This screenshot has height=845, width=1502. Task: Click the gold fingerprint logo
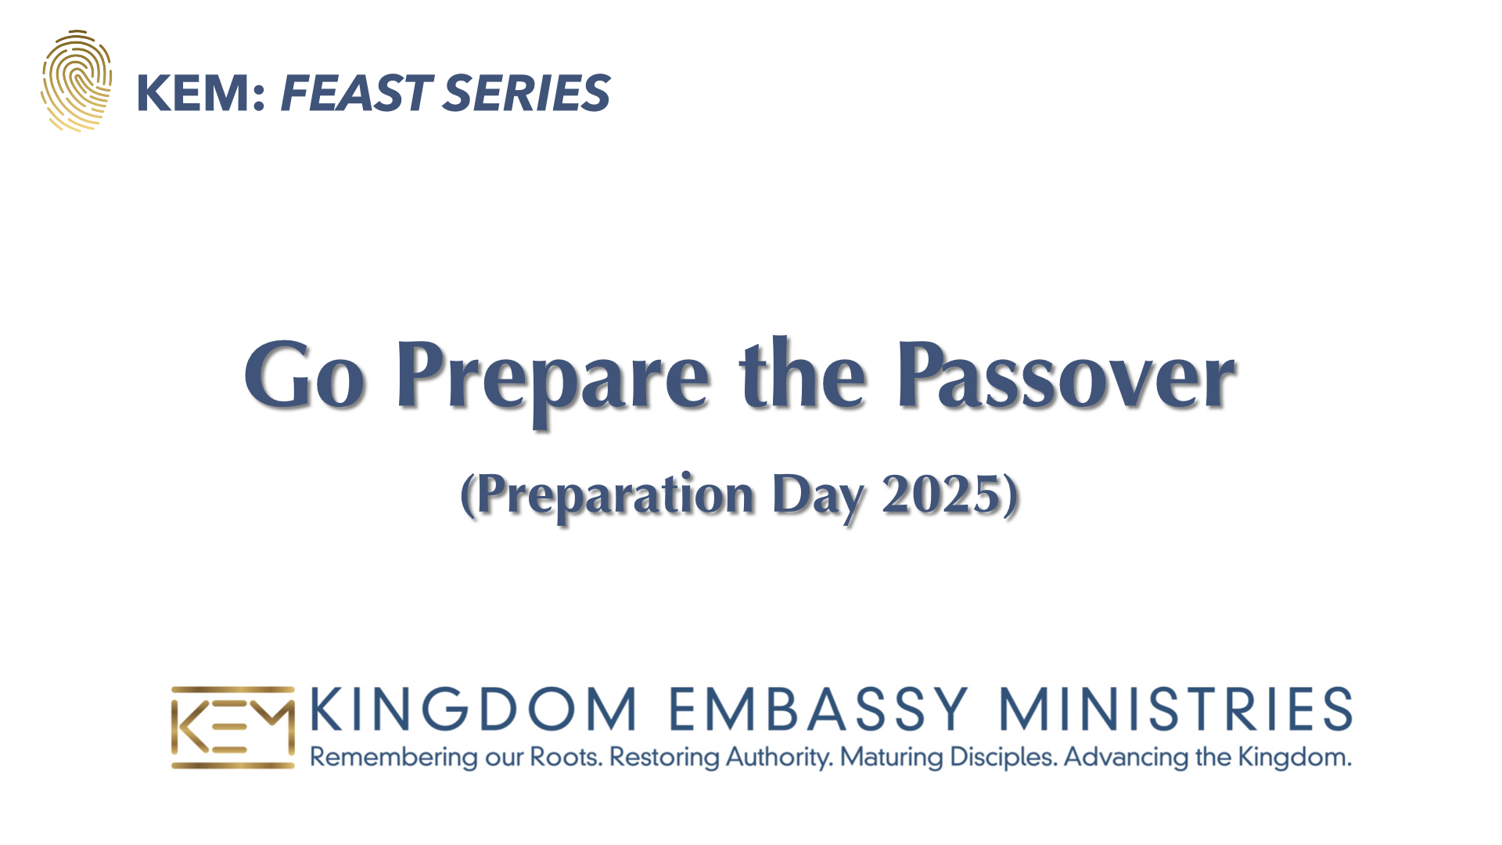pyautogui.click(x=76, y=81)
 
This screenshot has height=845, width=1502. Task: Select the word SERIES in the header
pyautogui.click(x=526, y=93)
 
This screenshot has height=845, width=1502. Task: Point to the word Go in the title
pyautogui.click(x=304, y=375)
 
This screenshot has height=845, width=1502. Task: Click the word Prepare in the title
pyautogui.click(x=552, y=379)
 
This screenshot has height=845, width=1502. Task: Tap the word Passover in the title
pyautogui.click(x=1066, y=375)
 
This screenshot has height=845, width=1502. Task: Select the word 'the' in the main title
pyautogui.click(x=803, y=373)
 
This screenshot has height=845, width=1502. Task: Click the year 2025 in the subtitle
pyautogui.click(x=942, y=494)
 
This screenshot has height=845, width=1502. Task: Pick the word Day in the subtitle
pyautogui.click(x=818, y=498)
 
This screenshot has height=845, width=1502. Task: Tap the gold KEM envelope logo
pyautogui.click(x=233, y=728)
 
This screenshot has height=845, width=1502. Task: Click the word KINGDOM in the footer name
pyautogui.click(x=473, y=709)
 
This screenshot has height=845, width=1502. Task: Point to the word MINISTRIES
pyautogui.click(x=1176, y=709)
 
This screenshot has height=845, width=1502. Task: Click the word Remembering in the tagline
pyautogui.click(x=393, y=758)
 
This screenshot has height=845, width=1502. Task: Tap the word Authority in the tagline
pyautogui.click(x=779, y=758)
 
